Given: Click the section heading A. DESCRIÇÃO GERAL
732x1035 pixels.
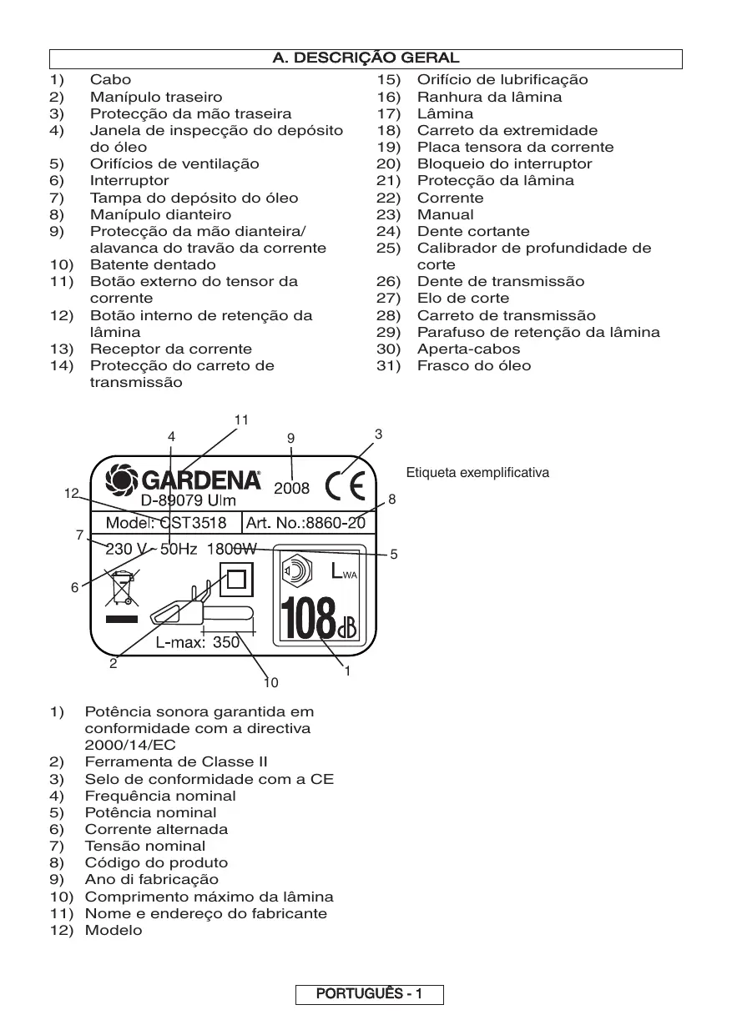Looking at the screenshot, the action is click(x=366, y=58).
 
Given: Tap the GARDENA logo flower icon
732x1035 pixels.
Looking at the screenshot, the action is click(x=124, y=480).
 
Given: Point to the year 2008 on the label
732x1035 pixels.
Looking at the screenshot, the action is click(x=291, y=489).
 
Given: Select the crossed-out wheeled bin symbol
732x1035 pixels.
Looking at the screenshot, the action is click(x=122, y=586).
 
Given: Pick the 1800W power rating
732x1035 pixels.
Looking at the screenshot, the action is click(x=233, y=549).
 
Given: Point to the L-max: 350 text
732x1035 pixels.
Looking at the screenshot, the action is click(x=198, y=642).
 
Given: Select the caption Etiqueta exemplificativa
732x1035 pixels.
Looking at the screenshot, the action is click(x=477, y=473).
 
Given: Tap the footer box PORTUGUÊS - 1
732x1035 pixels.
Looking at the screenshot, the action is click(x=369, y=994).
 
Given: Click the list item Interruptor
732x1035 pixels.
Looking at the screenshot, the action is click(x=129, y=180).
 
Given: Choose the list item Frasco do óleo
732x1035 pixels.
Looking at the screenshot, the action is click(x=473, y=365).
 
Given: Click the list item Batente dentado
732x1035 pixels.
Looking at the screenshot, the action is click(x=141, y=264).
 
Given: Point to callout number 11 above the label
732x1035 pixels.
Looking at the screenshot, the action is click(x=241, y=420).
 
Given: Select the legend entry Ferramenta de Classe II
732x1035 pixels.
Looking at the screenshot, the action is click(x=176, y=761).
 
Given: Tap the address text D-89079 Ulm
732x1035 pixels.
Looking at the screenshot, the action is click(x=188, y=501).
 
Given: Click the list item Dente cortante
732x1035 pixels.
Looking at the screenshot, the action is click(x=473, y=231).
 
